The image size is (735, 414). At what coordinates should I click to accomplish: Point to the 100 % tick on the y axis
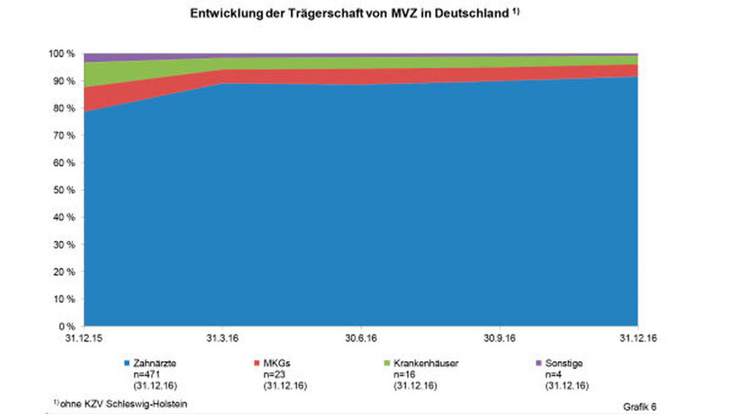[62, 54]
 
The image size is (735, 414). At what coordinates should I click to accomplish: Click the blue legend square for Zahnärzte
[127, 363]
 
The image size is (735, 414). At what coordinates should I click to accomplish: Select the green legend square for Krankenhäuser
[387, 363]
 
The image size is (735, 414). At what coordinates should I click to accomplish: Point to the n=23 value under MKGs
[275, 374]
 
